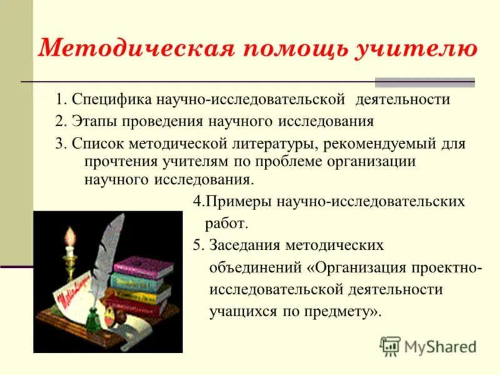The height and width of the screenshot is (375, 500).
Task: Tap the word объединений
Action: coord(255,268)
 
